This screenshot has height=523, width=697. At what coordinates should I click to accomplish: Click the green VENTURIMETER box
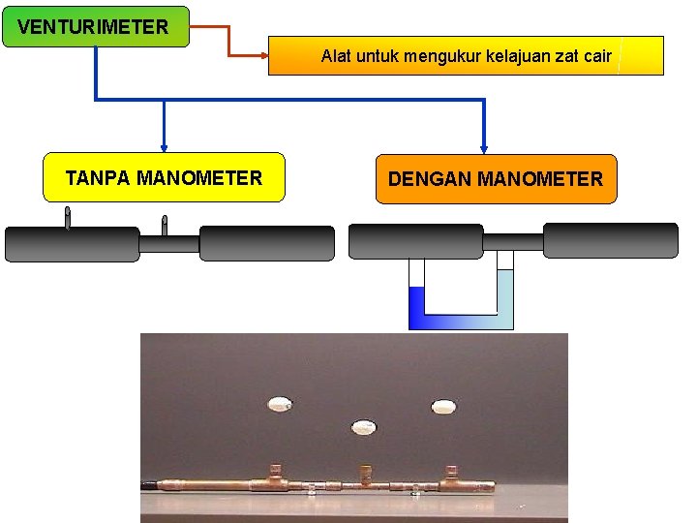point(96,26)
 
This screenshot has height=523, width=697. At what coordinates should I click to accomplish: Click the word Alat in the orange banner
point(337,56)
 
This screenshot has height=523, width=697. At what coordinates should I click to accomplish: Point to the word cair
point(597,56)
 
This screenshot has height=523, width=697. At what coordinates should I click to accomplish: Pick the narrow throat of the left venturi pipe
point(169,244)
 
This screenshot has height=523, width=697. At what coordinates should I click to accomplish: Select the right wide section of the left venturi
point(266,244)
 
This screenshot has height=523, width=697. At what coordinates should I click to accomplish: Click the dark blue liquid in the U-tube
point(417,308)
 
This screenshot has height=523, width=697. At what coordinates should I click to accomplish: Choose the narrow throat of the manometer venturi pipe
point(512,241)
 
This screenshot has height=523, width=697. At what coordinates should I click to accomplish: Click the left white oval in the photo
point(280,403)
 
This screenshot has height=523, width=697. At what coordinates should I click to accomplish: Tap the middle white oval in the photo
point(364,426)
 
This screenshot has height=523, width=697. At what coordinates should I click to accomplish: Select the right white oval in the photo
point(443,406)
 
